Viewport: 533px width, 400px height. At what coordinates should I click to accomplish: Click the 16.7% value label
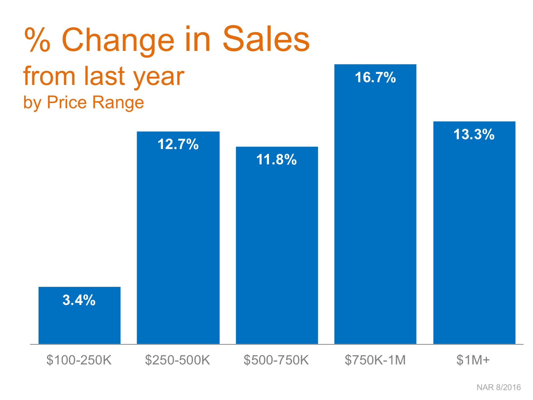(375, 77)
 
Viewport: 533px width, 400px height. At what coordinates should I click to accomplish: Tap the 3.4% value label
(79, 300)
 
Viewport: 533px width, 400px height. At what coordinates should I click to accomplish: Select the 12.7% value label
(178, 144)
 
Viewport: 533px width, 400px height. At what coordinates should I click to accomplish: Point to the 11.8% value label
(276, 160)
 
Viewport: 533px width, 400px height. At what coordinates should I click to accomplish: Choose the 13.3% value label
(474, 134)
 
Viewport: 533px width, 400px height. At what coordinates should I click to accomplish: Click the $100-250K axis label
(79, 360)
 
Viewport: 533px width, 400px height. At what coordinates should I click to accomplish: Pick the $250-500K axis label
(178, 360)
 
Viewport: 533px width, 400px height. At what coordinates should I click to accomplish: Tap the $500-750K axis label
(276, 360)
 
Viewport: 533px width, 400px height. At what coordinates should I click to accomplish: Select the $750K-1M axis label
(375, 360)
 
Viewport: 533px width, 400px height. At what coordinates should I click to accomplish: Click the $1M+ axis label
(473, 360)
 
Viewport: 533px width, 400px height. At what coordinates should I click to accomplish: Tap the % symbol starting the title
(37, 40)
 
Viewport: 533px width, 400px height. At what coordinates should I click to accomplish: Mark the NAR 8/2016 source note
(498, 387)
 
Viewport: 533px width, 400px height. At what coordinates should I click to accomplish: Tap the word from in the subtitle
(49, 76)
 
